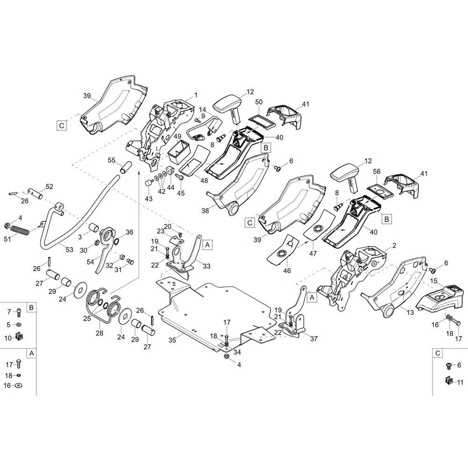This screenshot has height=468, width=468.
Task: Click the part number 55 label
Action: (x=111, y=160)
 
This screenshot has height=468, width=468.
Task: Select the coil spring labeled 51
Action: (x=20, y=230)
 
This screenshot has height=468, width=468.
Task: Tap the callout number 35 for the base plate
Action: (x=172, y=340)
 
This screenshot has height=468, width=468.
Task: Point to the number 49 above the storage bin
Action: (x=177, y=137)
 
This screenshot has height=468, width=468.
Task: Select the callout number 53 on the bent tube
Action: (x=69, y=249)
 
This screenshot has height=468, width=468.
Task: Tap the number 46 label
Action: (x=287, y=271)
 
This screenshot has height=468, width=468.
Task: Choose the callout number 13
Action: (x=411, y=312)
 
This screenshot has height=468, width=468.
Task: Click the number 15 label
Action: (x=434, y=281)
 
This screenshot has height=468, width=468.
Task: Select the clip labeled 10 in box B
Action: (x=19, y=337)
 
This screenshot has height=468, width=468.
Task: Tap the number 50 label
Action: (x=259, y=102)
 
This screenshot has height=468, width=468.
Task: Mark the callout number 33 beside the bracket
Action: (x=206, y=266)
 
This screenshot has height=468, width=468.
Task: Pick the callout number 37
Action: (x=314, y=338)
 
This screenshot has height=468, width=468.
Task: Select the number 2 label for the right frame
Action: (x=394, y=246)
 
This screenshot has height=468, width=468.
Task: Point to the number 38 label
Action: (x=205, y=211)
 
